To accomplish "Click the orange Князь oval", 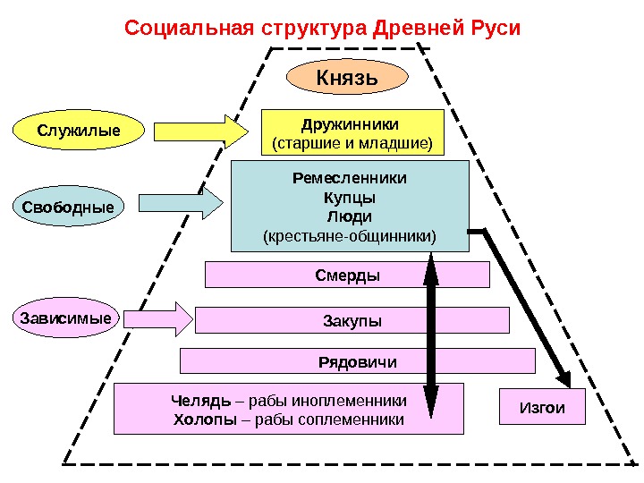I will tap(347, 77).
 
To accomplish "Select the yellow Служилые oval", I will tap(79, 131).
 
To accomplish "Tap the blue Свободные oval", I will tap(69, 208).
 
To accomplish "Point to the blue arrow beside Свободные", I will tap(184, 203).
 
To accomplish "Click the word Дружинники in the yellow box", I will tap(350, 123).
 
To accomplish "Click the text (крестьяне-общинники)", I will tap(350, 237).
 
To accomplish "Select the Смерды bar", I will tap(348, 275).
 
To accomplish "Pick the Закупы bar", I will tap(352, 320).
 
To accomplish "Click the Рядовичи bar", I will tap(357, 361).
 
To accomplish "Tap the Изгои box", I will tap(542, 407).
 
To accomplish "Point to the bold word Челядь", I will tap(195, 400).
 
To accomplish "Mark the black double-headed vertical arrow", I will tap(431, 335).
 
